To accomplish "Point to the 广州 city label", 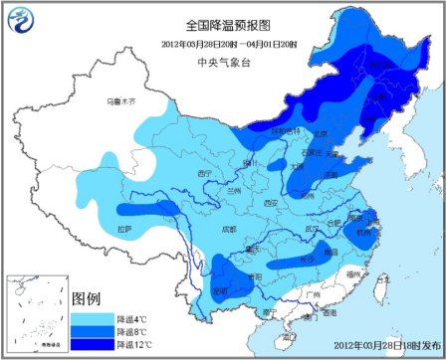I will pyautogui.click(x=316, y=295).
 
